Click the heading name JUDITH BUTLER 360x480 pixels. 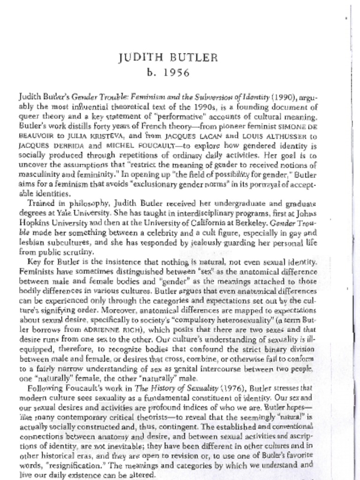[168, 58]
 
